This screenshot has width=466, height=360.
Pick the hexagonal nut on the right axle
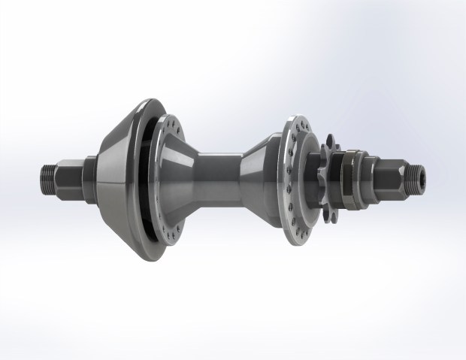coord(384,177)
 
